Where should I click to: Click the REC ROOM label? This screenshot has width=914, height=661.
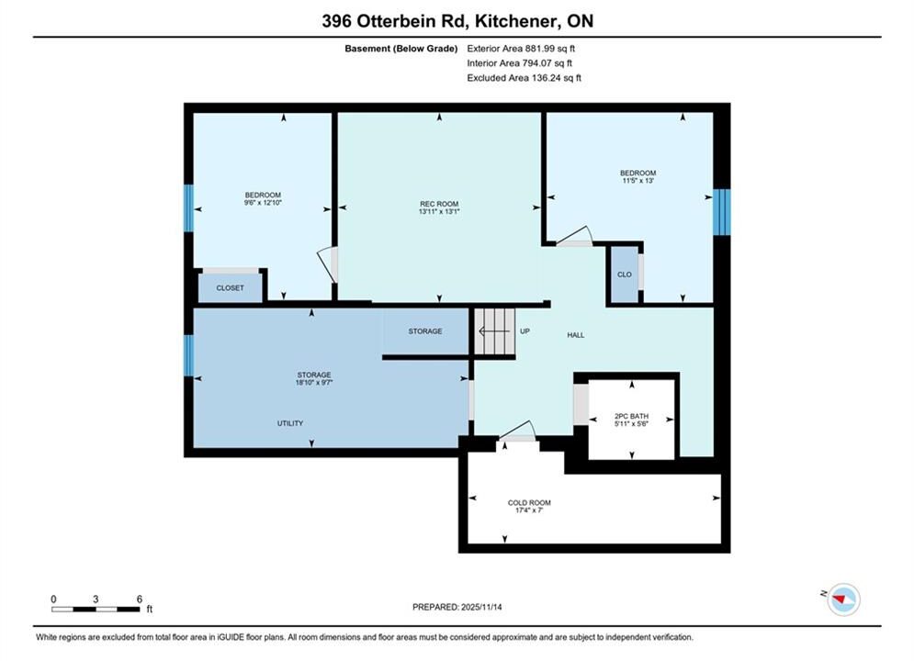point(439,204)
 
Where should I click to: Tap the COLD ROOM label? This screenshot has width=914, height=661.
point(529,502)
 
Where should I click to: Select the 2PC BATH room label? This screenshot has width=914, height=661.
point(631,417)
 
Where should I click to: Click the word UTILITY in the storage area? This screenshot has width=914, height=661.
point(290,423)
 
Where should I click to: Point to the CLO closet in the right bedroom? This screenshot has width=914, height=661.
point(625,274)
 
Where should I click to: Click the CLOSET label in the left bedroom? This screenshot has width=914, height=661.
point(231,287)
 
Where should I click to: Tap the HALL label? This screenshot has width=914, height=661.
point(575,335)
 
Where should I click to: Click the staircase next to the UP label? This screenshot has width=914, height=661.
point(494,331)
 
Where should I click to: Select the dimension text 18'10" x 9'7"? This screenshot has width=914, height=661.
point(314,383)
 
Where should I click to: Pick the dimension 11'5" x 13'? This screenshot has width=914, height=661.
point(638,181)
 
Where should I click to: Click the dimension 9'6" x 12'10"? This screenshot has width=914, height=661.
point(263,203)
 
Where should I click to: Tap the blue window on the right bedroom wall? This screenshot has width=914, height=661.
point(722,212)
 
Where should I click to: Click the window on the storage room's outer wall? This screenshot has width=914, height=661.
point(188,355)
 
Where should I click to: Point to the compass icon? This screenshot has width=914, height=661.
point(843,599)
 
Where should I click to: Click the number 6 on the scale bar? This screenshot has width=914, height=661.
point(140,599)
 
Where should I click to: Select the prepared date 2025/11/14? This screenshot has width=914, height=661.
point(481,607)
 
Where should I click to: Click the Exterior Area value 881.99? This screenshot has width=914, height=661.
point(538,49)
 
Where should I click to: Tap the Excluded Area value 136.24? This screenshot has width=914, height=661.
point(545,77)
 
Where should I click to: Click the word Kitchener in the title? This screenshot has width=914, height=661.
point(513,21)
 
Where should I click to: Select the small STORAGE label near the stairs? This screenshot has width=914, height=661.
point(425,330)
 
